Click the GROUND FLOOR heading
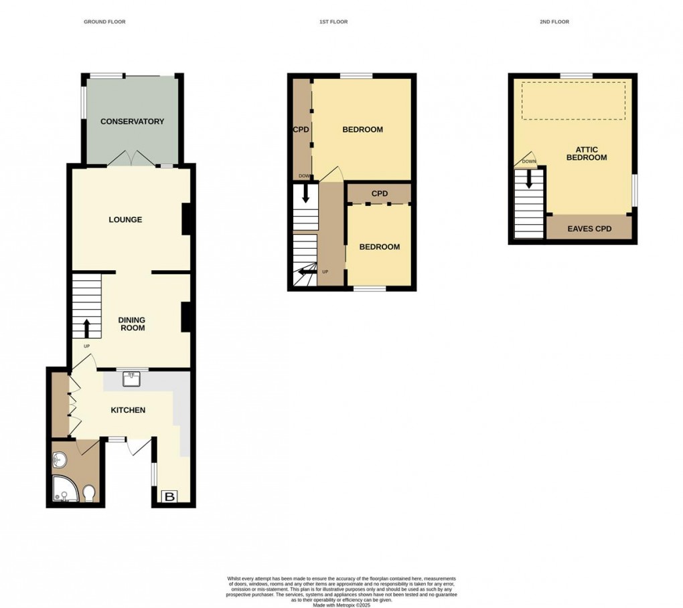[x=104, y=22]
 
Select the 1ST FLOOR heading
[x=333, y=22]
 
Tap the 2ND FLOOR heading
[x=554, y=22]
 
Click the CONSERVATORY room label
[x=132, y=122]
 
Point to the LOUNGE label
[x=126, y=219]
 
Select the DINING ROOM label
[x=132, y=324]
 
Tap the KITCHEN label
[x=128, y=410]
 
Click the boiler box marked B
[x=170, y=496]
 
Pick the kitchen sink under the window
[x=131, y=379]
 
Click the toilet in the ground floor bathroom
[x=90, y=494]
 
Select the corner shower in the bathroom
[x=64, y=491]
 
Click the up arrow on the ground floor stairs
[x=86, y=328]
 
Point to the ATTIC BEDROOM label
[x=587, y=154]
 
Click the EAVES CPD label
[x=589, y=229]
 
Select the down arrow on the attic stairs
[x=530, y=179]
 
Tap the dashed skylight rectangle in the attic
[x=573, y=101]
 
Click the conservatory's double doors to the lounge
[x=132, y=159]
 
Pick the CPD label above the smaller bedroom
[x=380, y=194]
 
